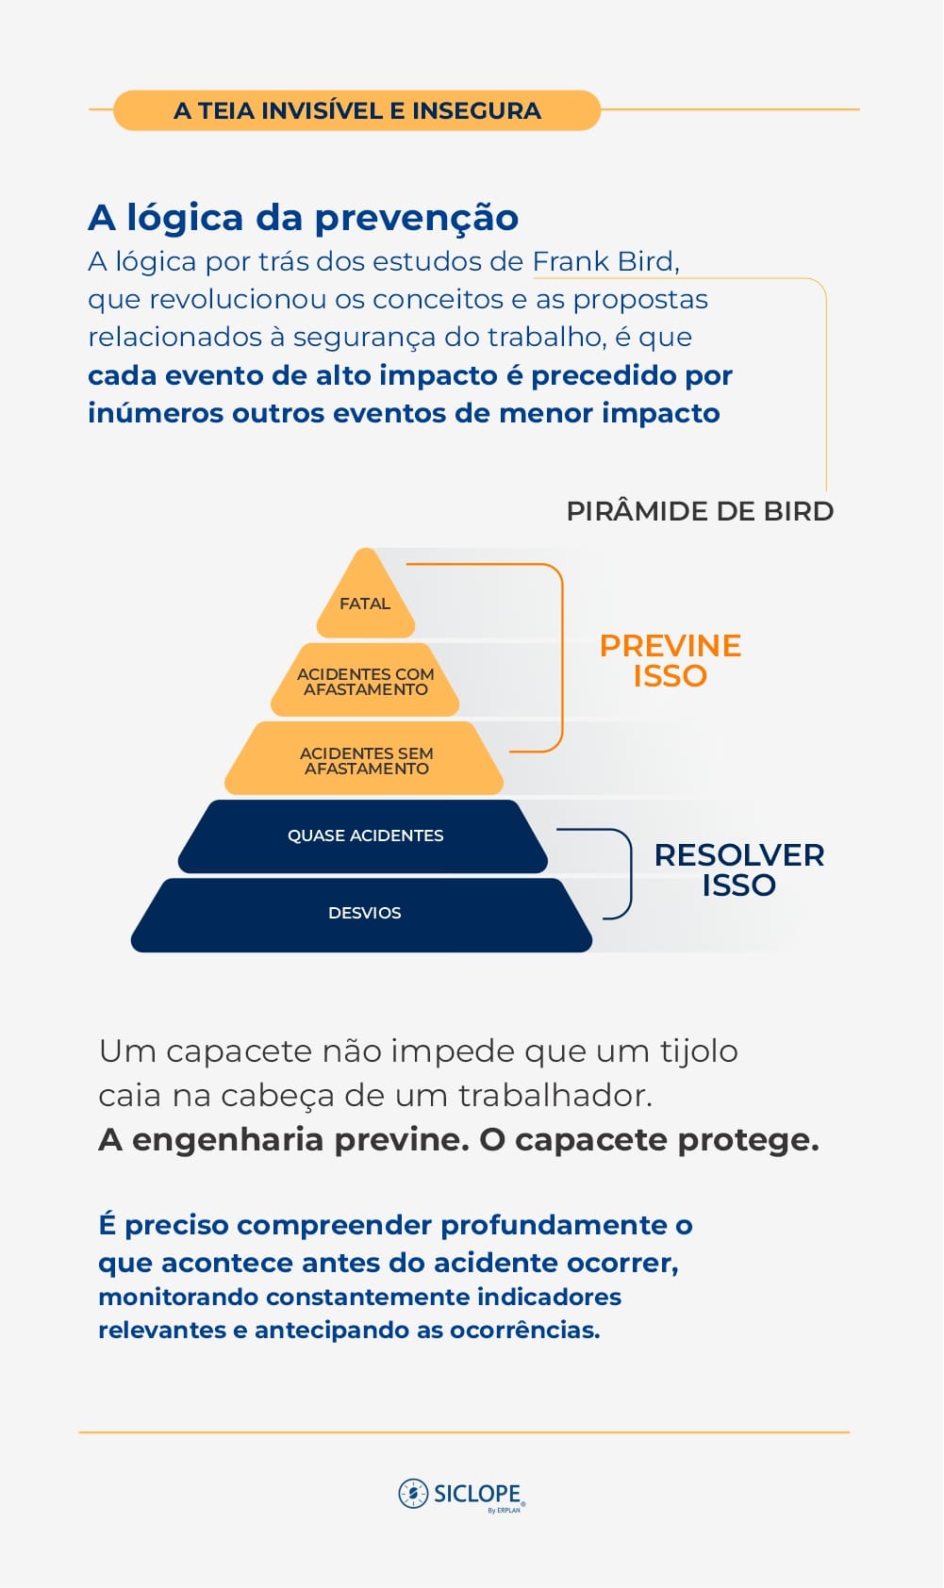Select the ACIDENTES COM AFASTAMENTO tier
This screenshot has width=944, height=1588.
[365, 681]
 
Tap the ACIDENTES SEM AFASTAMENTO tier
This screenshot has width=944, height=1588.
[366, 760]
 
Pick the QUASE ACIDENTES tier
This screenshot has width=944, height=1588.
[365, 835]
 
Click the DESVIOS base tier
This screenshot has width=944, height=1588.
[364, 913]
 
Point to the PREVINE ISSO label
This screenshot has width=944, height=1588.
[670, 660]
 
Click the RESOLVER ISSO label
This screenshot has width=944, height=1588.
[738, 869]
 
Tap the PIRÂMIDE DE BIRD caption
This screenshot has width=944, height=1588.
[700, 511]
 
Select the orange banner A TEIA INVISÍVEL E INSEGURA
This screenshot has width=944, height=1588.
[356, 110]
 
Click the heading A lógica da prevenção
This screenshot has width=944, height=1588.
[303, 218]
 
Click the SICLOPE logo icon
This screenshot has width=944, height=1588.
[413, 1493]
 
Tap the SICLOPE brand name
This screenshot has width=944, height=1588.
[476, 1494]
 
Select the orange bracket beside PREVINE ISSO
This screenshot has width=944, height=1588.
[561, 658]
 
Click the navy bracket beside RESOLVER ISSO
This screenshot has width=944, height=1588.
[629, 873]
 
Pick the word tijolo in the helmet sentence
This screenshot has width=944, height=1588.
[699, 1050]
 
